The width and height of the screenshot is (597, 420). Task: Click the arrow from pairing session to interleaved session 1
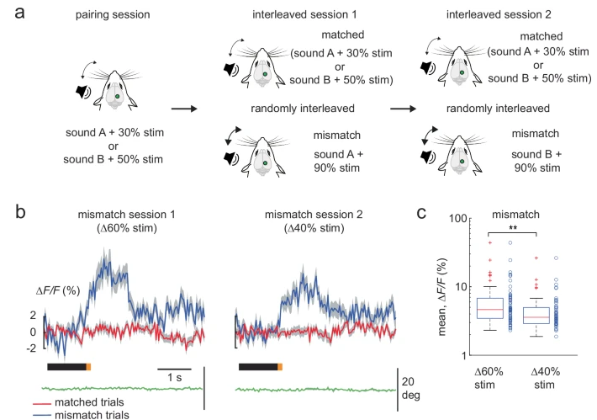[186, 108]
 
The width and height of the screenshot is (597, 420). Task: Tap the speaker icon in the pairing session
[84, 92]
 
